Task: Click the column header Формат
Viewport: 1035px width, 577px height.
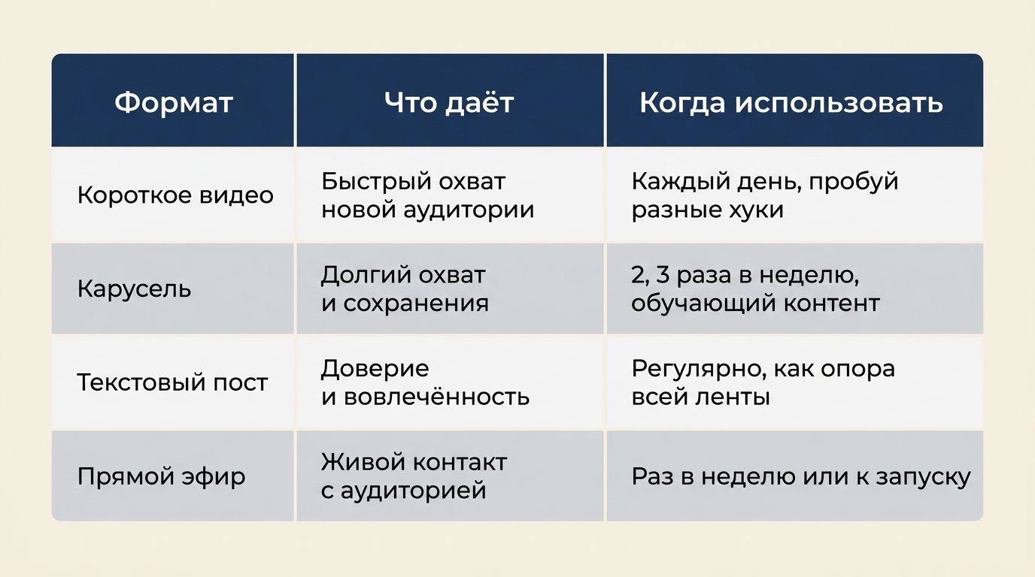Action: tap(173, 102)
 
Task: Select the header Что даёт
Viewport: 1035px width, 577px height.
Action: tap(449, 102)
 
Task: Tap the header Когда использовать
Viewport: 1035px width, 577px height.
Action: tap(791, 102)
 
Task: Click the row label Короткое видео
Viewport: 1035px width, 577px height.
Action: tap(175, 195)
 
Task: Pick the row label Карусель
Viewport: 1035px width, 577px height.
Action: tap(134, 289)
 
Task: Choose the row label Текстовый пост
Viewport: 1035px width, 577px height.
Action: tap(172, 382)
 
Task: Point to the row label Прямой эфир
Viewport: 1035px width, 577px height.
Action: tap(161, 477)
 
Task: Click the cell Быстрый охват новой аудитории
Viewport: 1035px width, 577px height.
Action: tap(427, 195)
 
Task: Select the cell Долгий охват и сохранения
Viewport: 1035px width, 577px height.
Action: tap(405, 289)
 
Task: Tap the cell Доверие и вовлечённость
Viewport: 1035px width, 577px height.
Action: tap(425, 382)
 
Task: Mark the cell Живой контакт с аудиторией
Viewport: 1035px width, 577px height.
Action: tap(414, 476)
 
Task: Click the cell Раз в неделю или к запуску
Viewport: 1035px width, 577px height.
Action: tap(801, 477)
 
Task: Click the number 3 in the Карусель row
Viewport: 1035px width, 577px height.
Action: tap(662, 275)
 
